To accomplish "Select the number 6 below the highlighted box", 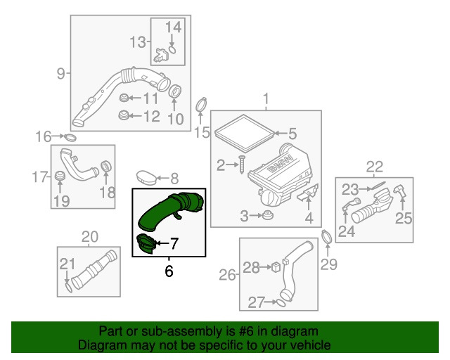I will click(169, 271).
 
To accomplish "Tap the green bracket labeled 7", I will click(146, 244).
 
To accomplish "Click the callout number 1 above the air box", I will click(266, 99).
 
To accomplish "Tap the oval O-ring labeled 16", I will click(71, 136).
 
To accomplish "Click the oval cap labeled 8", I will click(145, 176).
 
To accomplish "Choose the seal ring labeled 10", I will click(176, 91).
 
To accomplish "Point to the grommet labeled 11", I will click(124, 98).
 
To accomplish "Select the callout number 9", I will click(60, 72).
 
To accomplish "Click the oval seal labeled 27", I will click(279, 303).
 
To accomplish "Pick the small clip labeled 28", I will click(276, 266).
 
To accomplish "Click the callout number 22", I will click(374, 167).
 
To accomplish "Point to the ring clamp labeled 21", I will click(67, 286).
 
